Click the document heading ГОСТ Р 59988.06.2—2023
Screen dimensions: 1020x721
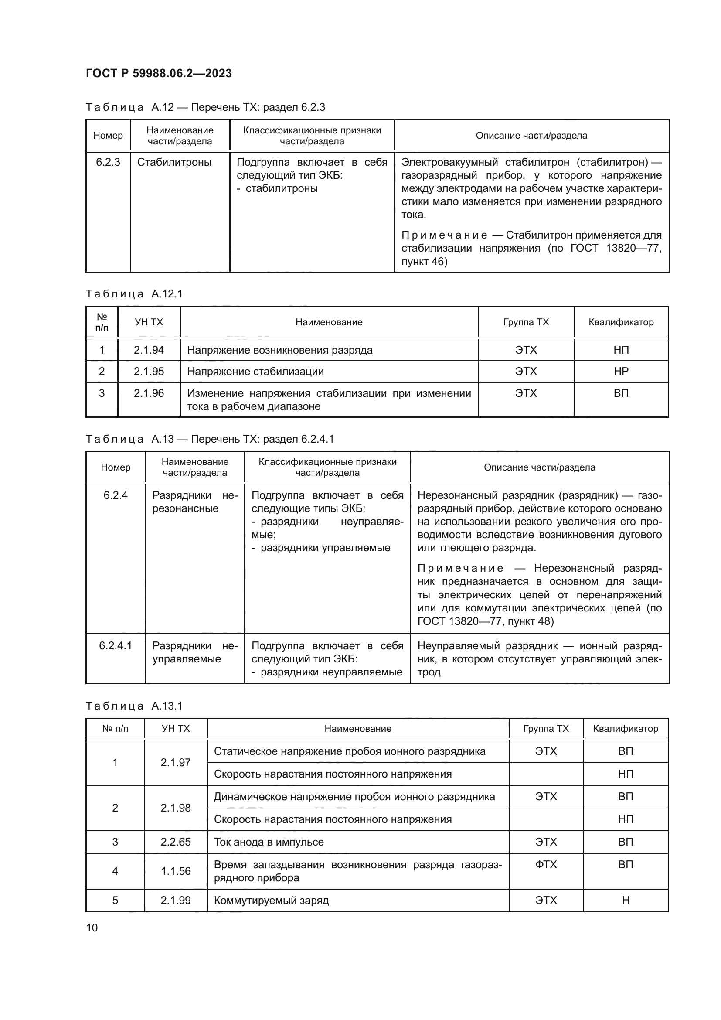[x=159, y=73]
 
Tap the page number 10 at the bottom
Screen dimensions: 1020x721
[x=92, y=928]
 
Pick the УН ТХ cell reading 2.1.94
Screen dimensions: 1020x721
[x=149, y=350]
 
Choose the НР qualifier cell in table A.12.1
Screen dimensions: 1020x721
[x=621, y=372]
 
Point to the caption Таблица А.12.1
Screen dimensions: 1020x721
[x=134, y=294]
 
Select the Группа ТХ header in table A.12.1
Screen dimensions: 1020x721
[x=526, y=322]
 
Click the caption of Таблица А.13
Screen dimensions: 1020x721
[x=210, y=440]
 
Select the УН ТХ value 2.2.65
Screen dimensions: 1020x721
[x=175, y=842]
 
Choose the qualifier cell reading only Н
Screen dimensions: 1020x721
[x=625, y=901]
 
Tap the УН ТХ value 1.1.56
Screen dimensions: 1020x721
[x=175, y=871]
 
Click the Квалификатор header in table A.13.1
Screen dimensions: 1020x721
[x=625, y=729]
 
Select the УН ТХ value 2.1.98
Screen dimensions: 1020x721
[x=175, y=808]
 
